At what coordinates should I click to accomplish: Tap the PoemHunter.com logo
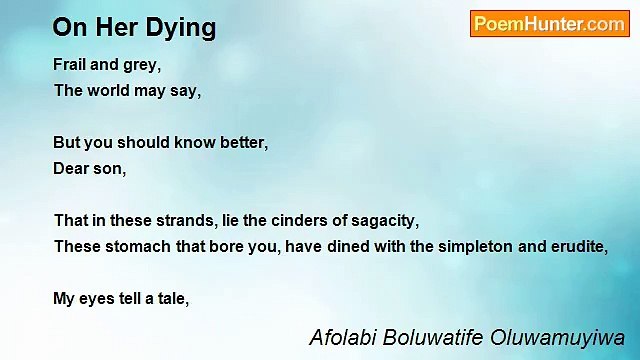tap(549, 24)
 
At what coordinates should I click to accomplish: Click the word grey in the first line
tap(143, 64)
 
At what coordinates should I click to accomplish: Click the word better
tap(242, 142)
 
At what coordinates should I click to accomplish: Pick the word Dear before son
tap(71, 168)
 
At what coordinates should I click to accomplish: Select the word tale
tap(171, 298)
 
